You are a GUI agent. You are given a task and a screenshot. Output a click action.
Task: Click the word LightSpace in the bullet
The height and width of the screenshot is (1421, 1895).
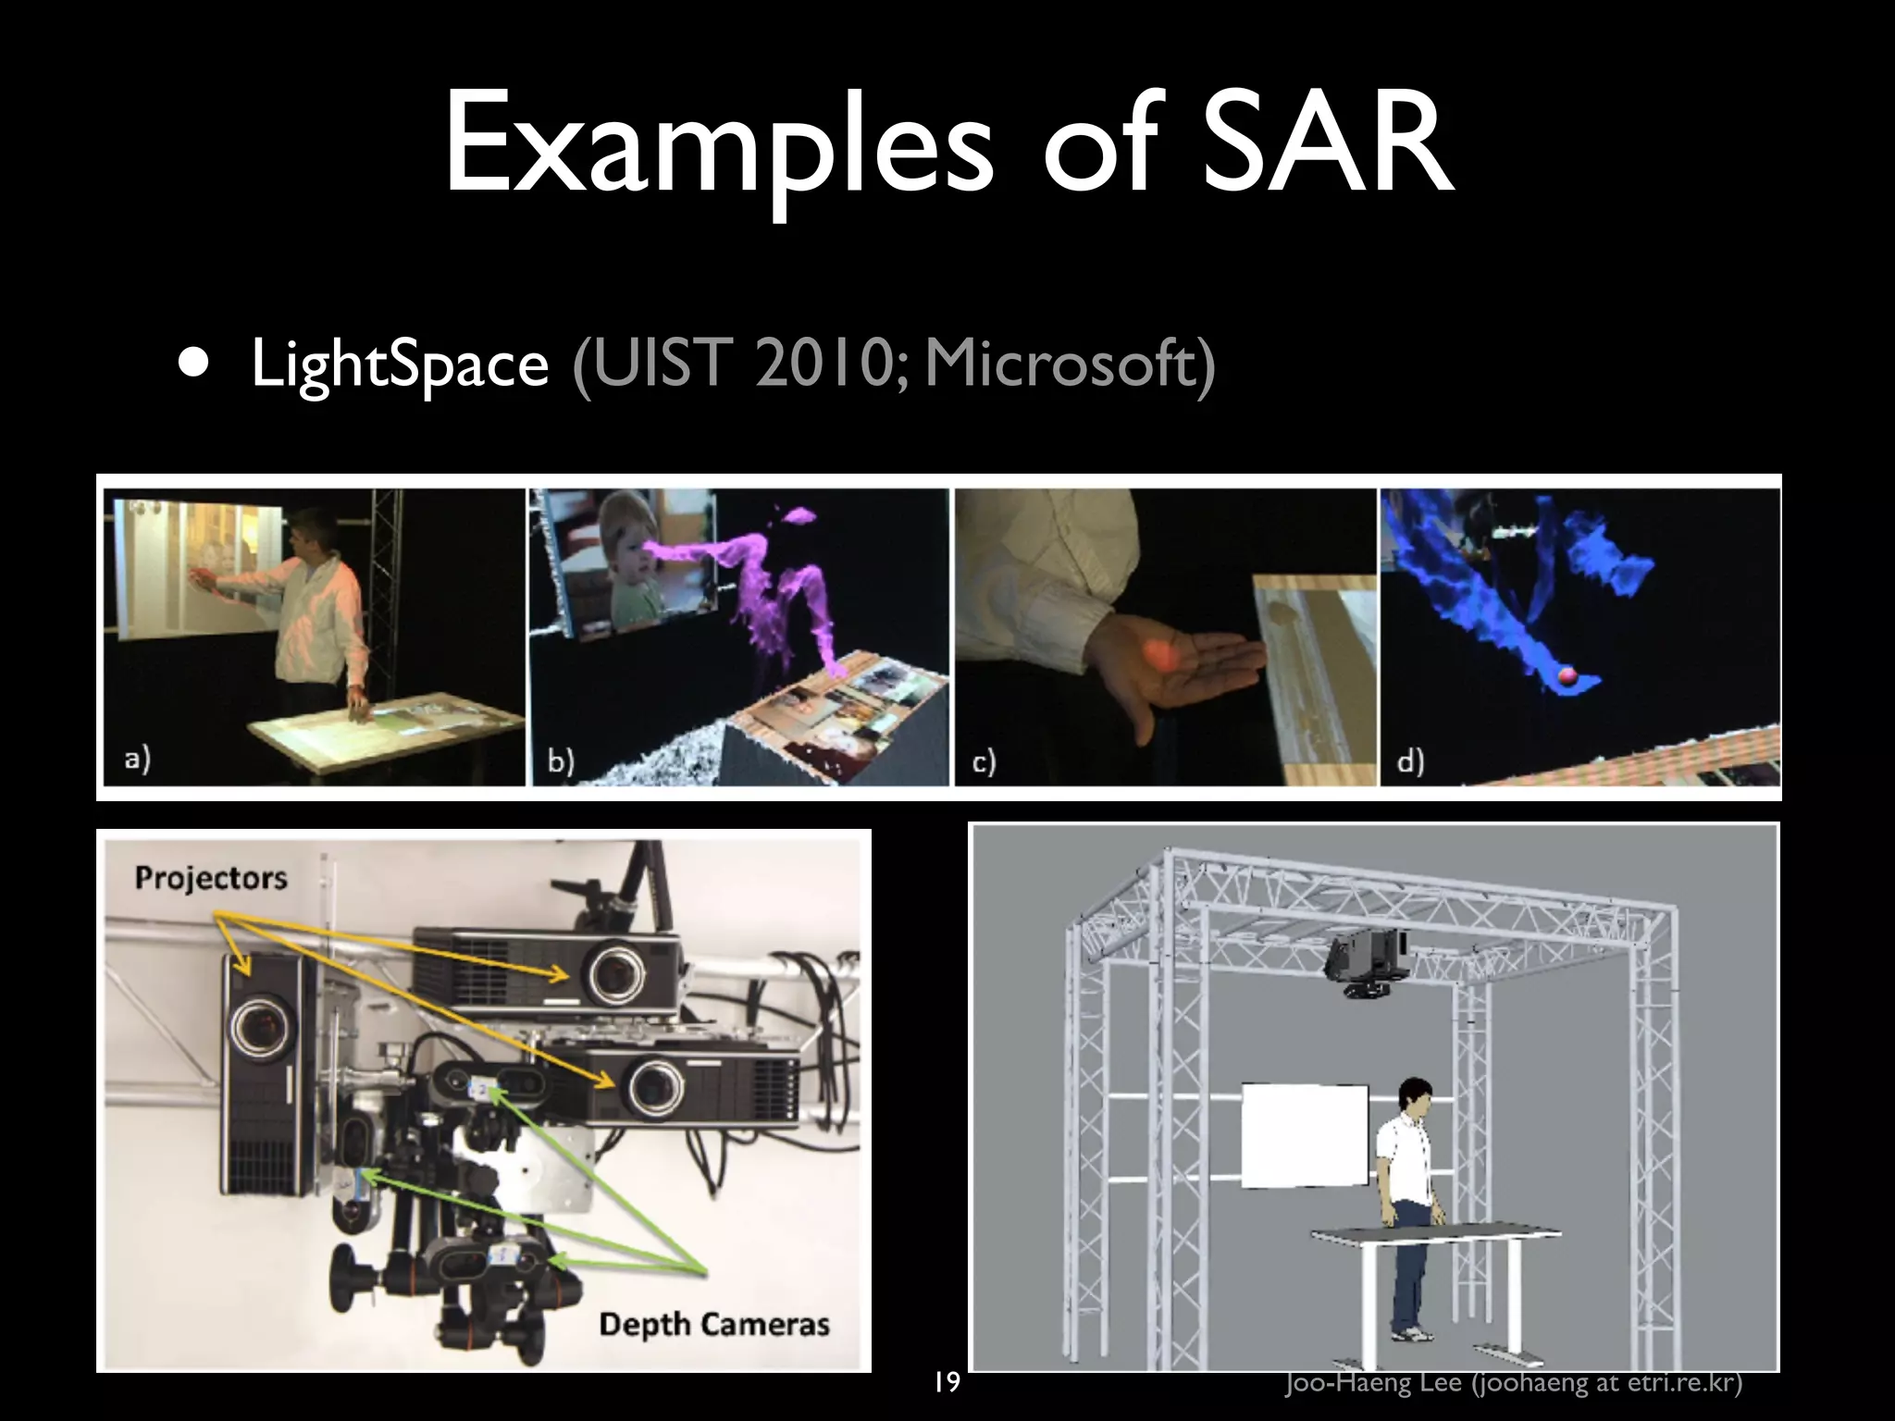(400, 365)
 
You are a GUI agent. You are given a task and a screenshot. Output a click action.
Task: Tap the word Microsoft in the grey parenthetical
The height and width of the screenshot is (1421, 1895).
(1059, 365)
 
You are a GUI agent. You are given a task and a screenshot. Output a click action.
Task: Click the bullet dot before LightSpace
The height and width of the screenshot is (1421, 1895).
(193, 363)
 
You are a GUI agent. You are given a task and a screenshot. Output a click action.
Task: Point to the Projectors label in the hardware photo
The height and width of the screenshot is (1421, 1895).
(211, 877)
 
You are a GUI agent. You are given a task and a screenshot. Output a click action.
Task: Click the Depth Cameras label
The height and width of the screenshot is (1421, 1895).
(713, 1324)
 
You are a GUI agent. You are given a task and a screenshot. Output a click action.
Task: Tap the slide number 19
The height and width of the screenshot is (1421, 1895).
(946, 1383)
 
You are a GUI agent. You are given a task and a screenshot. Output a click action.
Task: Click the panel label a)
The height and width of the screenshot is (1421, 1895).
(137, 760)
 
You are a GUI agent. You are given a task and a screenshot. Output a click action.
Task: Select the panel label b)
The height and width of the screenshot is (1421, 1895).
(560, 761)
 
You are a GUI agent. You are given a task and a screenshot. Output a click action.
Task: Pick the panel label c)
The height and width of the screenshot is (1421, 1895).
(984, 762)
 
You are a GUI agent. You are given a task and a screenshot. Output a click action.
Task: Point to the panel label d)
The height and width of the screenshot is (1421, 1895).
(1409, 762)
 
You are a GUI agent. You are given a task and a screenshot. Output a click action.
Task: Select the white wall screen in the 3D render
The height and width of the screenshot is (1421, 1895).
(1304, 1135)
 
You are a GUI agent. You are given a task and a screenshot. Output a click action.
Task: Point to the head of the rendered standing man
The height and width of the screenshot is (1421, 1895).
(1414, 1094)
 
